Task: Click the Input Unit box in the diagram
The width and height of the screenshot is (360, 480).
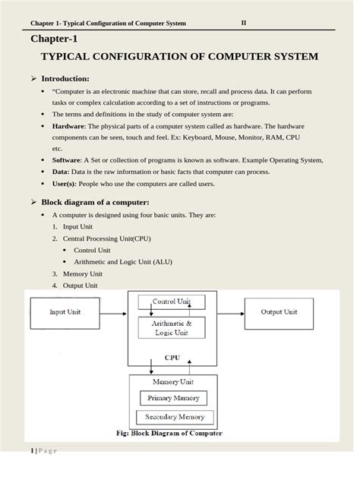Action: (x=65, y=312)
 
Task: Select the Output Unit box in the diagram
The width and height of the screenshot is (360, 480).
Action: (x=279, y=312)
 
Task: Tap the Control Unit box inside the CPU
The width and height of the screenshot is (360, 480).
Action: (x=172, y=302)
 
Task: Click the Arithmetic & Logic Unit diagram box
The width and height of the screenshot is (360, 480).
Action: (x=172, y=328)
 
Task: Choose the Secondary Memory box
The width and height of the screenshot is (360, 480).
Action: (x=175, y=417)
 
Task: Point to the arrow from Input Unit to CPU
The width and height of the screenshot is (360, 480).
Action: (x=116, y=312)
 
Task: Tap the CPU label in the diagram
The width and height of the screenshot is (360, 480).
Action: (x=172, y=355)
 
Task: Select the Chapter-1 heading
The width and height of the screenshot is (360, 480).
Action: (x=54, y=39)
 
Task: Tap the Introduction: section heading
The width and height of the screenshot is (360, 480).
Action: (x=65, y=78)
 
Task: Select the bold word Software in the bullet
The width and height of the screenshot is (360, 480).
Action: (x=67, y=160)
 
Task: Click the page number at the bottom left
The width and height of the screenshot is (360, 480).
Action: (x=32, y=452)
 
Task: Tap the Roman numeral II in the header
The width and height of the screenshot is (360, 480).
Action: (x=244, y=22)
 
